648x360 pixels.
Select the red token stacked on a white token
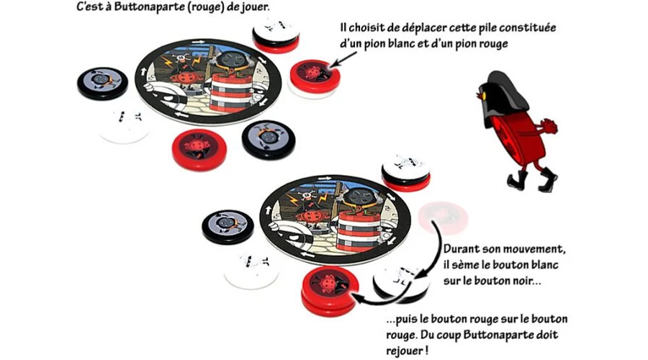(x=315, y=78)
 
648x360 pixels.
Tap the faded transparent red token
(x=443, y=217)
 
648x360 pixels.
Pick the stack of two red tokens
(x=330, y=291)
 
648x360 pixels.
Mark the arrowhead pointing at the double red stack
(x=357, y=297)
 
